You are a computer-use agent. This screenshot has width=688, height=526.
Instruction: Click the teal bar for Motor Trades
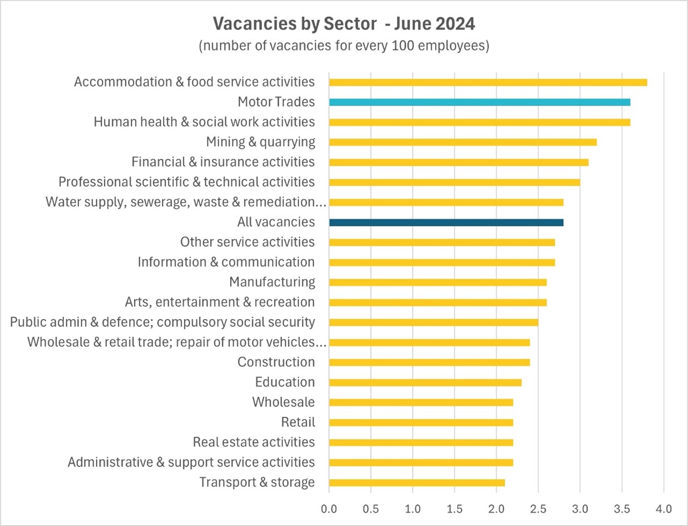click(x=479, y=102)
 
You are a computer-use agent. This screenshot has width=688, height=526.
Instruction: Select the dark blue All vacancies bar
click(x=446, y=222)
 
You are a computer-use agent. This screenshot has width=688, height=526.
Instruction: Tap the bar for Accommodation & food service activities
click(x=488, y=82)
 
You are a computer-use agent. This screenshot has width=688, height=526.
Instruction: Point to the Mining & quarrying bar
click(x=463, y=142)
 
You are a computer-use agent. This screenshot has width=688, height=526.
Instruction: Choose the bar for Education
click(x=425, y=382)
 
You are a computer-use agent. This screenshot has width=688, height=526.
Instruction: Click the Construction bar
click(x=429, y=362)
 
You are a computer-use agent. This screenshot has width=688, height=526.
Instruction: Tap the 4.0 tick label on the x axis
click(x=664, y=509)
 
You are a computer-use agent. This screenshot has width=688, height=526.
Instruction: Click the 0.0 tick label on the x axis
click(x=329, y=509)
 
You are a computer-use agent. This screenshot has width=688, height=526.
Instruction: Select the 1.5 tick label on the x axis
click(x=455, y=509)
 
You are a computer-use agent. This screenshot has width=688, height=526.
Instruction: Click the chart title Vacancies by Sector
click(x=344, y=24)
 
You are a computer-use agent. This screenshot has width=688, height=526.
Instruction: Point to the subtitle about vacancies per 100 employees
click(x=344, y=46)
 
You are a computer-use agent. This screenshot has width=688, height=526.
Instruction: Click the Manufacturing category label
click(x=272, y=282)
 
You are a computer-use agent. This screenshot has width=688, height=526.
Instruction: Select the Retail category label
click(x=298, y=422)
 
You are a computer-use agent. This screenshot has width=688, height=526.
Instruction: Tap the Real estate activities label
click(x=254, y=442)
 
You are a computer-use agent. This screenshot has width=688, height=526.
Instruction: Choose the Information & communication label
click(x=226, y=262)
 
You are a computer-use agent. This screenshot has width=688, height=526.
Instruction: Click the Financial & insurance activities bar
click(x=458, y=162)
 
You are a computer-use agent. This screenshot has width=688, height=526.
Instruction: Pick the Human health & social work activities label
click(x=204, y=122)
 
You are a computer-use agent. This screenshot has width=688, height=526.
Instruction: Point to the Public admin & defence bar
click(x=434, y=322)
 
